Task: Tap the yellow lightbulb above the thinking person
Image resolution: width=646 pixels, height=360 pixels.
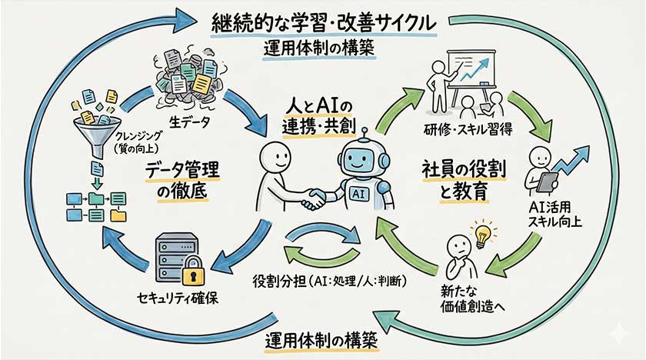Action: coord(483,232)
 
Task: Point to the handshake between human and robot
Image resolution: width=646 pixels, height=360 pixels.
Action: coord(311,201)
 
